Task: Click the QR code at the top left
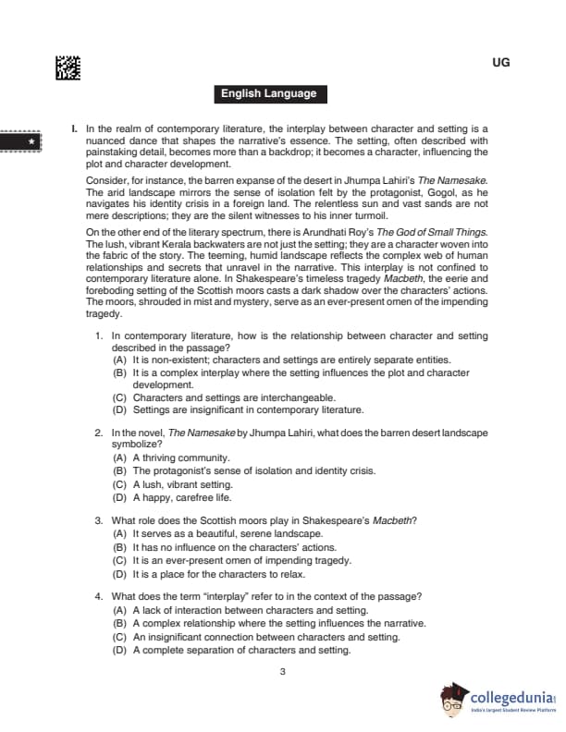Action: coord(68,68)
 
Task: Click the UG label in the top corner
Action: coord(502,63)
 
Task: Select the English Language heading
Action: coord(268,93)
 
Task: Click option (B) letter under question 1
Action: coord(119,372)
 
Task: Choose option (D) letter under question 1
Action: coord(119,409)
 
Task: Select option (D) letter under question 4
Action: coord(119,650)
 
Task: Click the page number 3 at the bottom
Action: coord(282,671)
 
